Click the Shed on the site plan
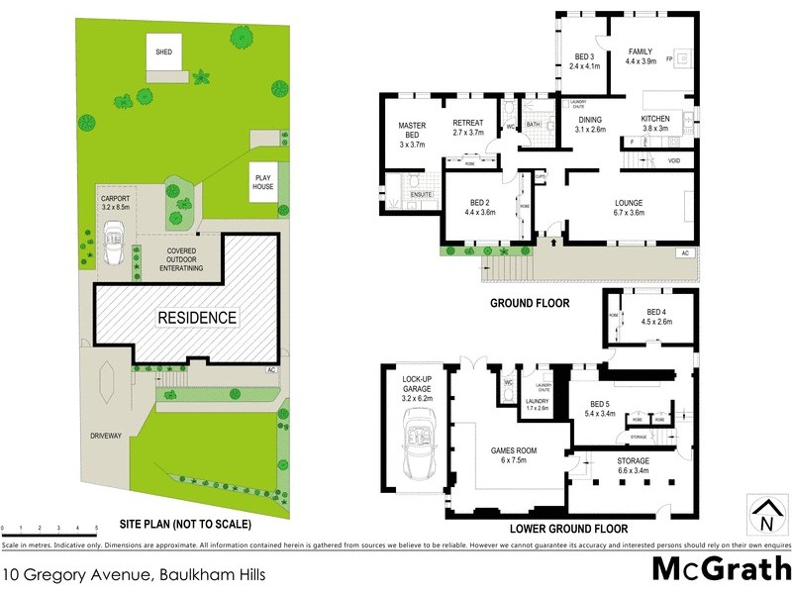pos(163,56)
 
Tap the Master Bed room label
pos(412,132)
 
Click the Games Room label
pos(513,455)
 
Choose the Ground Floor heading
pos(530,303)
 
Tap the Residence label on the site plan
pos(198,318)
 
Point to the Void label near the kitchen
pos(674,160)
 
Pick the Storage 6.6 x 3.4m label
pos(633,466)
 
